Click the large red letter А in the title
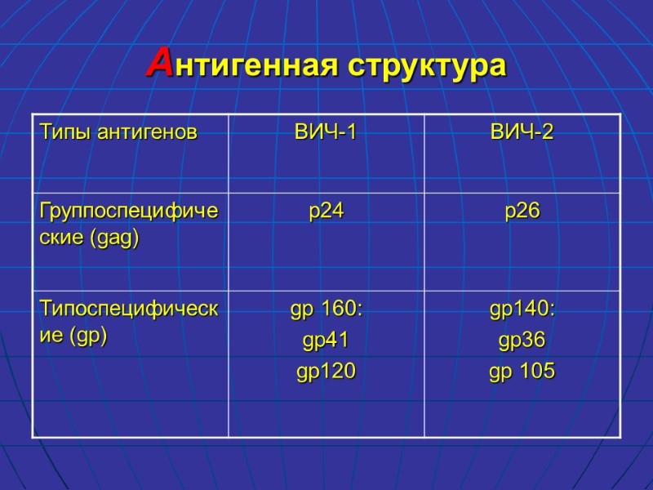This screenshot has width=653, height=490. coord(160,63)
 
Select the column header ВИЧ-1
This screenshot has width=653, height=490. coord(326,131)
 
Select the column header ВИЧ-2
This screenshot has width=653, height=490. coord(522,131)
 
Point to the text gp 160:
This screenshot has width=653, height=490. coord(326,310)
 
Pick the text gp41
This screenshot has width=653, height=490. coord(326,341)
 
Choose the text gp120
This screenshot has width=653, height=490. coord(326,372)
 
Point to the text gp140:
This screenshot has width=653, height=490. coord(522,310)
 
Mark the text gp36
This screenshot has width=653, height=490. coord(522,341)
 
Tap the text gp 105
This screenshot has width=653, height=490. coord(522,372)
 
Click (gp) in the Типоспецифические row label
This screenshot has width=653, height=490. coord(90,336)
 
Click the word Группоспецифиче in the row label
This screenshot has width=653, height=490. coord(129,211)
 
